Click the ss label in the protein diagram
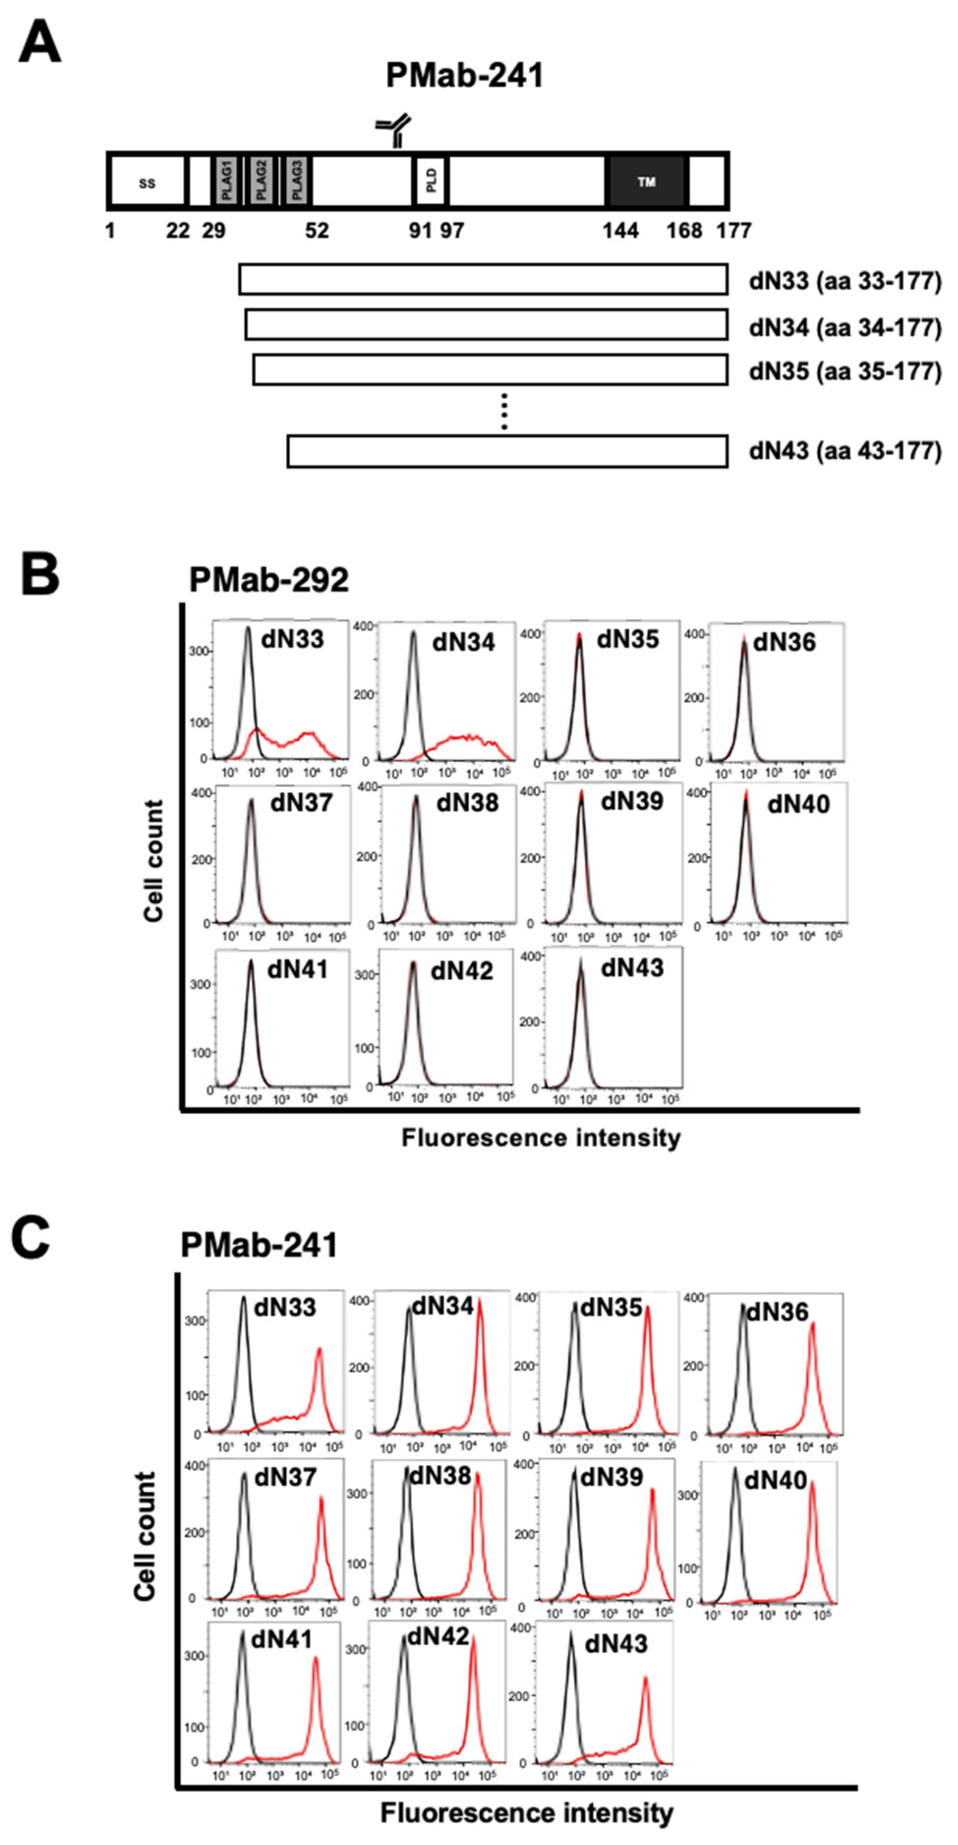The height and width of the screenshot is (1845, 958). click(147, 183)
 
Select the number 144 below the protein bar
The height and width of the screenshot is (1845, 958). click(620, 231)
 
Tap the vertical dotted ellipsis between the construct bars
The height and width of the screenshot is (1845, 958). click(504, 411)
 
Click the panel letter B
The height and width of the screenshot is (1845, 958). click(39, 574)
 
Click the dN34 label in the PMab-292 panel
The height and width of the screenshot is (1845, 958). click(463, 642)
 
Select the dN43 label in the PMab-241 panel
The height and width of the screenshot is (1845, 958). click(616, 1643)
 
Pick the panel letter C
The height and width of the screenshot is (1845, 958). click(30, 1239)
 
